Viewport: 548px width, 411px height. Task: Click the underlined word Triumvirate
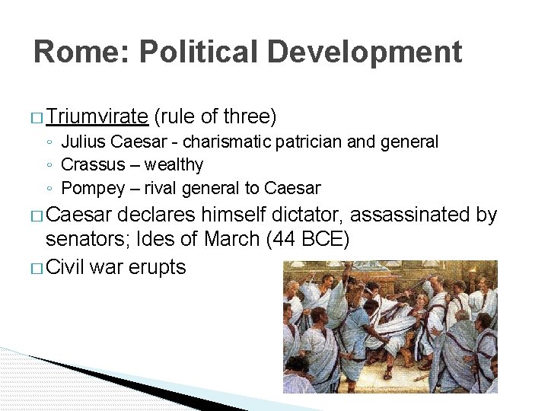click(96, 116)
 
